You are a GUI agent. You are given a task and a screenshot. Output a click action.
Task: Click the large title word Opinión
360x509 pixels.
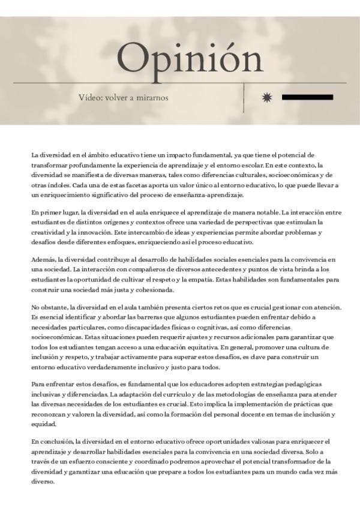point(190,58)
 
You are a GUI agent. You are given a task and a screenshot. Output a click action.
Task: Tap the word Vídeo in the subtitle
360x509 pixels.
point(90,98)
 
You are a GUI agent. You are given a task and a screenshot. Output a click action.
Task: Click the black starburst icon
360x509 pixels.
point(268,97)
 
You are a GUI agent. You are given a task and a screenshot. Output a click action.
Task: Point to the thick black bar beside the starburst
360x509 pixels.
point(307,97)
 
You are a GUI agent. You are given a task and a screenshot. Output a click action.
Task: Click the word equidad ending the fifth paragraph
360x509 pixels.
point(44,425)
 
